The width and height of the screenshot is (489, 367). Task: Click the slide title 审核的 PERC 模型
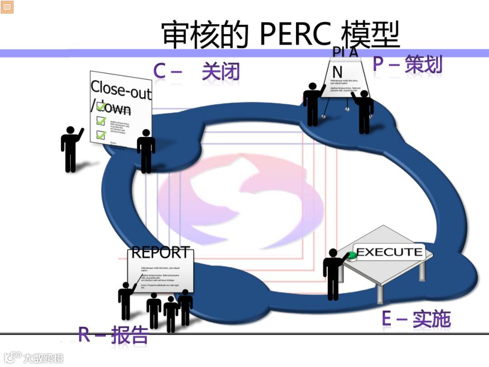[x=281, y=34]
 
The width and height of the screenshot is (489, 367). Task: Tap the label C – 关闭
[x=196, y=72]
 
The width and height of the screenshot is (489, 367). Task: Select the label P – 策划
[x=407, y=64]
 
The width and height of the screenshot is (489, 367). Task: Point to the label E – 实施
[x=416, y=319]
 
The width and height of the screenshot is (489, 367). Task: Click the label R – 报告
[x=114, y=334]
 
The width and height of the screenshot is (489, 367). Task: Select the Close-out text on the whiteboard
[x=120, y=89]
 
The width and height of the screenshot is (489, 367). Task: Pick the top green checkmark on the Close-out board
[x=101, y=106]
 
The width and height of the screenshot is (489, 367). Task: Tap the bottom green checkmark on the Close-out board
[x=101, y=135]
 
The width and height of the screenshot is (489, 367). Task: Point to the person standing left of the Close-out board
[x=71, y=149]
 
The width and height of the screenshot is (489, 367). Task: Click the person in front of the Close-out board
[x=146, y=151]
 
